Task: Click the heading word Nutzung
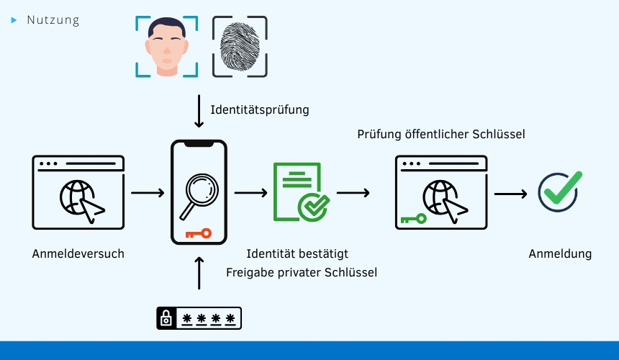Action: (53, 20)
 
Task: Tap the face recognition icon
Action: (166, 46)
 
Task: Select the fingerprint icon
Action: (240, 46)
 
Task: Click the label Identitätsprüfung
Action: (260, 110)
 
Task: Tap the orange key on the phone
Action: (198, 233)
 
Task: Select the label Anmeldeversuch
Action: (78, 253)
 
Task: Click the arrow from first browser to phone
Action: (148, 193)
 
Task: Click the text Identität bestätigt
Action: (297, 253)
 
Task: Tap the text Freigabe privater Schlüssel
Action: (302, 272)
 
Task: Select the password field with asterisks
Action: (199, 318)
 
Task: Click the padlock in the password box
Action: (167, 318)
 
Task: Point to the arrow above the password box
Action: (199, 271)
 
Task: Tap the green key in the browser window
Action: (414, 218)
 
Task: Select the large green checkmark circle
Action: (559, 192)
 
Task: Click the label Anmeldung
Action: (560, 253)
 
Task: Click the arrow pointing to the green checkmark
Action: (510, 193)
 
